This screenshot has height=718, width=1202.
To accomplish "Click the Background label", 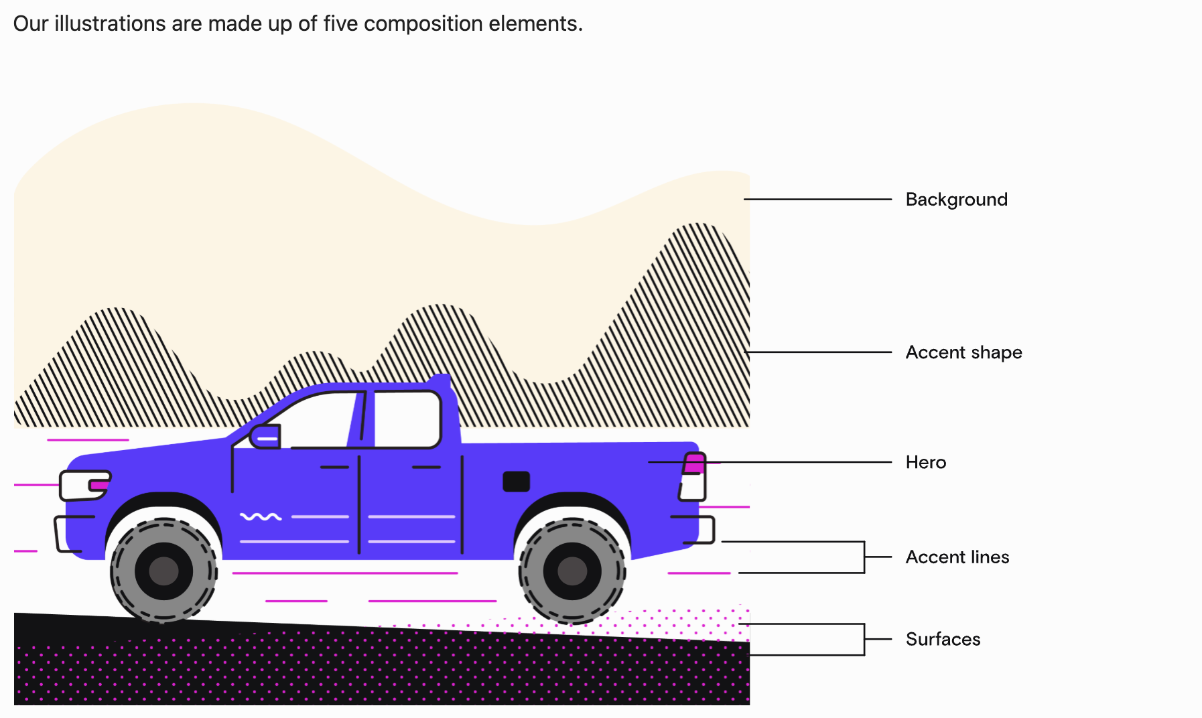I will (x=956, y=200).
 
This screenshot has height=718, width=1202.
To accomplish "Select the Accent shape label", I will (x=963, y=352).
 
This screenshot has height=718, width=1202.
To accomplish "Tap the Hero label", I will (x=925, y=462).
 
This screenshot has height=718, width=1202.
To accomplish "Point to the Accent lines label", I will (x=957, y=557).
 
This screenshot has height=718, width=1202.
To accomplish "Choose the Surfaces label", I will (x=943, y=639).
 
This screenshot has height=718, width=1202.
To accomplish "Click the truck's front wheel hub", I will (x=164, y=571).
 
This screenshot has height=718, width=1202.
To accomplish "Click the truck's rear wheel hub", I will (x=572, y=571).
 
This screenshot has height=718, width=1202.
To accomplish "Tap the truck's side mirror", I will (x=265, y=437).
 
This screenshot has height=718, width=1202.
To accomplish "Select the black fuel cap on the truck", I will (x=516, y=482).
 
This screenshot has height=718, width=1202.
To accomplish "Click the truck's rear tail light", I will (x=694, y=463).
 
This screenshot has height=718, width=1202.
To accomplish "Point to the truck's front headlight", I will (x=85, y=485).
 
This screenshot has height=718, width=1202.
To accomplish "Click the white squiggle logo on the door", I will (x=261, y=516).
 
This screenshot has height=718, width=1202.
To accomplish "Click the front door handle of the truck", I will (x=334, y=467).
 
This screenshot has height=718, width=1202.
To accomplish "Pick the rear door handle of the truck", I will (x=426, y=467).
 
